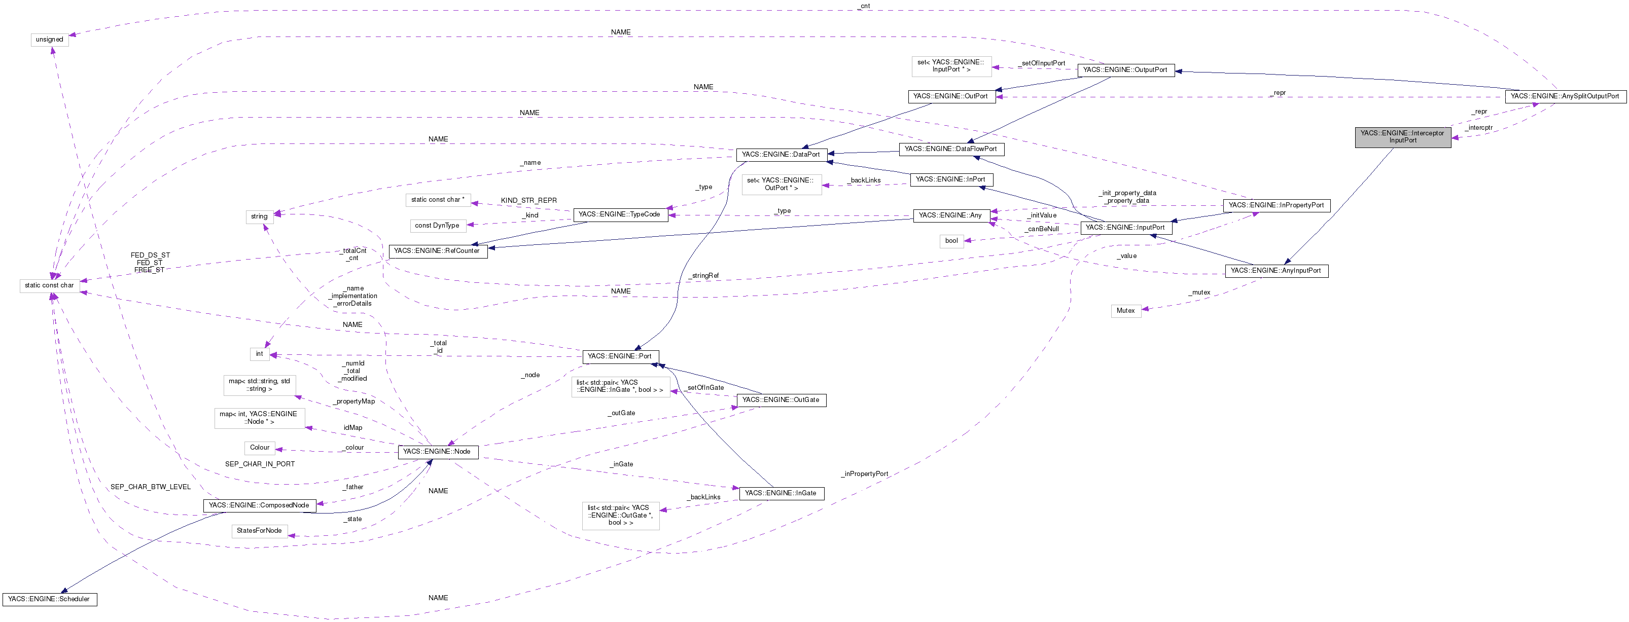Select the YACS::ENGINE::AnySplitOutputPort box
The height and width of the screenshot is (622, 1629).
click(x=1565, y=96)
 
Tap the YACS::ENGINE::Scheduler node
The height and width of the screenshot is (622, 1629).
click(x=49, y=599)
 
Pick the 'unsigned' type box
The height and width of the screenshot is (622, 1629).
click(x=49, y=39)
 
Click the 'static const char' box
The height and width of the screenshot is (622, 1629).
click(x=49, y=285)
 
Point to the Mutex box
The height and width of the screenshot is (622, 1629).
click(x=1125, y=310)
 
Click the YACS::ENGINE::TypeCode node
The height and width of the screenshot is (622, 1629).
click(x=619, y=214)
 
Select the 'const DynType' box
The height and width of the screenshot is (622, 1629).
click(x=437, y=226)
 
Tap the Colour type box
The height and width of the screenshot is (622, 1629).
click(x=259, y=448)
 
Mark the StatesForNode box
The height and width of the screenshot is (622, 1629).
click(x=259, y=530)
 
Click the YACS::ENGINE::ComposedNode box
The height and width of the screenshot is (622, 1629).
click(x=259, y=505)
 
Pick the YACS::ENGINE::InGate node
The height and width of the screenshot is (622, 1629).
click(x=781, y=493)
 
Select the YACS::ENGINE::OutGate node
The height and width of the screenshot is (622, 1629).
click(x=781, y=399)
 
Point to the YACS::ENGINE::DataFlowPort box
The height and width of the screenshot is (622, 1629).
click(x=950, y=149)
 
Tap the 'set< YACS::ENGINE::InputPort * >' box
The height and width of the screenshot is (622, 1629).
click(x=950, y=66)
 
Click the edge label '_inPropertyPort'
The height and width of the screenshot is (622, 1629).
click(x=865, y=473)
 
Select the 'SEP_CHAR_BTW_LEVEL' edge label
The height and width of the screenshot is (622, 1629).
click(x=151, y=487)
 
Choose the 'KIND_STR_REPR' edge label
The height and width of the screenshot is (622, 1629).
click(x=528, y=200)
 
